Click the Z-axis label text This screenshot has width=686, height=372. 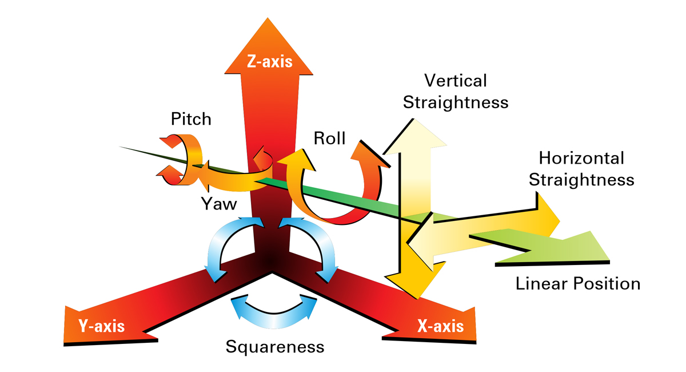click(x=269, y=61)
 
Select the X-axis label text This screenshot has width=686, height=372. click(x=440, y=326)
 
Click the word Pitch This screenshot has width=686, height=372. click(x=191, y=119)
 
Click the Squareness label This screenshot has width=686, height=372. click(x=274, y=347)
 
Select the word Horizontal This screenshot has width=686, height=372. click(x=581, y=158)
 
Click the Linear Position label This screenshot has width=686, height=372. click(x=578, y=283)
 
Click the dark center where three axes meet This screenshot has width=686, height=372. click(x=273, y=260)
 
